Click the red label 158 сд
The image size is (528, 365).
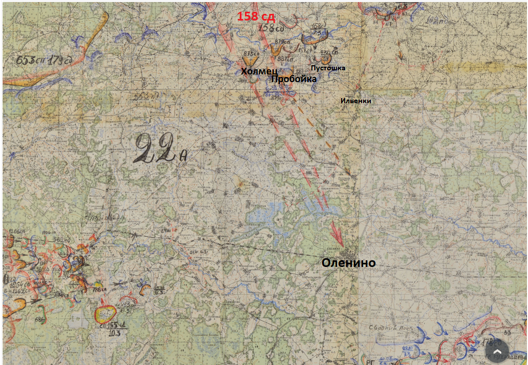click(x=256, y=16)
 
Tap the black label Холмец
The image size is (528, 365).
click(x=259, y=71)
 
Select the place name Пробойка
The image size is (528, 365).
click(x=293, y=79)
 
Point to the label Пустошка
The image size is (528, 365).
click(x=328, y=68)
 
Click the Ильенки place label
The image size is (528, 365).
click(x=355, y=101)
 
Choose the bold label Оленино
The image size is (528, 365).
click(x=348, y=263)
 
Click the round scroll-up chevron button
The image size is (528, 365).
click(x=497, y=351)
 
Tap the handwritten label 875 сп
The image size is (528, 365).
click(x=250, y=53)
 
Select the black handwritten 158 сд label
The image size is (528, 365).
click(x=272, y=28)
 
